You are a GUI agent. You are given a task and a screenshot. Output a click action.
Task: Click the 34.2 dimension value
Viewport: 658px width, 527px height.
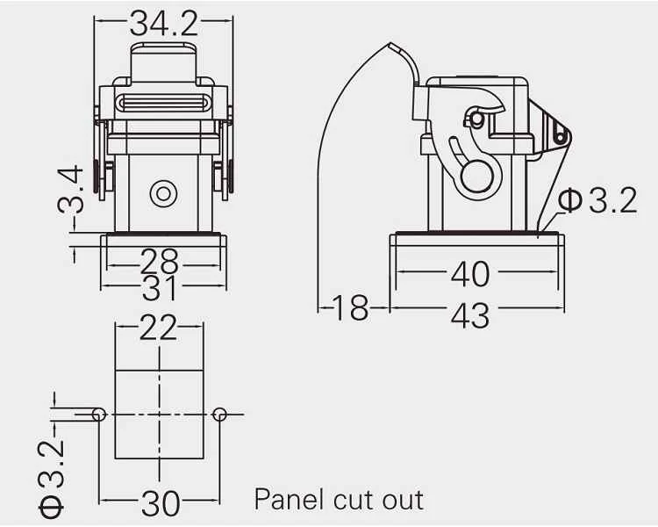pyautogui.click(x=164, y=23)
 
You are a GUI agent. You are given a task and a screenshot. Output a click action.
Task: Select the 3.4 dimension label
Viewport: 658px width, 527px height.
pyautogui.click(x=70, y=189)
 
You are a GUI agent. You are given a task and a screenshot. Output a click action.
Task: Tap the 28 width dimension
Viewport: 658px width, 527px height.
pyautogui.click(x=159, y=262)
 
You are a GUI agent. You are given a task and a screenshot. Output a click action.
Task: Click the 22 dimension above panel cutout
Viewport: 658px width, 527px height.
pyautogui.click(x=158, y=327)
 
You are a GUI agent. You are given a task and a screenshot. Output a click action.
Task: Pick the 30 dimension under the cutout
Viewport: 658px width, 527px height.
pyautogui.click(x=161, y=502)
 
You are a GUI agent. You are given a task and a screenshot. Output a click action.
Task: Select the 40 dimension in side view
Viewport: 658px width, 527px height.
pyautogui.click(x=470, y=274)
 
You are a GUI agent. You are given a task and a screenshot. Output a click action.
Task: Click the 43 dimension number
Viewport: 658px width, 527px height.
pyautogui.click(x=470, y=315)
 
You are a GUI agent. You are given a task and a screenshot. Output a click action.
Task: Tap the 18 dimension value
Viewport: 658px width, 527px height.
pyautogui.click(x=350, y=308)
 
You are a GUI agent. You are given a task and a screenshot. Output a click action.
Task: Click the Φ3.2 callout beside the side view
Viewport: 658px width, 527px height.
pyautogui.click(x=597, y=200)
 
